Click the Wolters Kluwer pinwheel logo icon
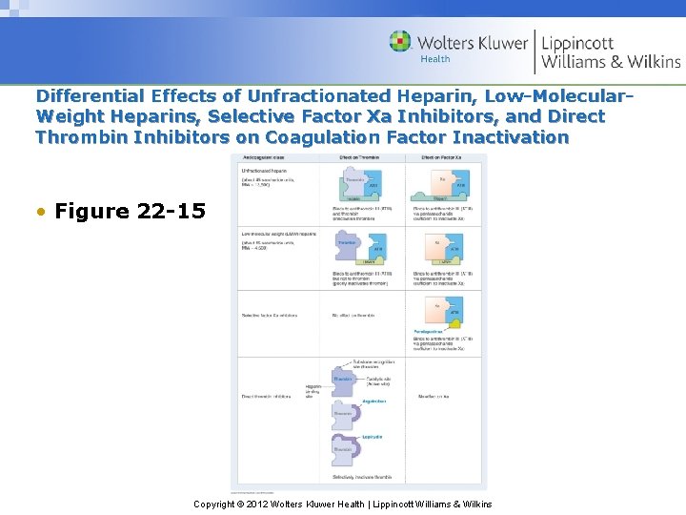click(x=400, y=42)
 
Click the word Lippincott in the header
click(x=577, y=43)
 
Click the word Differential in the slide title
click(x=91, y=96)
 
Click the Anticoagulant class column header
click(x=264, y=158)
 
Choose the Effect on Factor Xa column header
click(x=441, y=158)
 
